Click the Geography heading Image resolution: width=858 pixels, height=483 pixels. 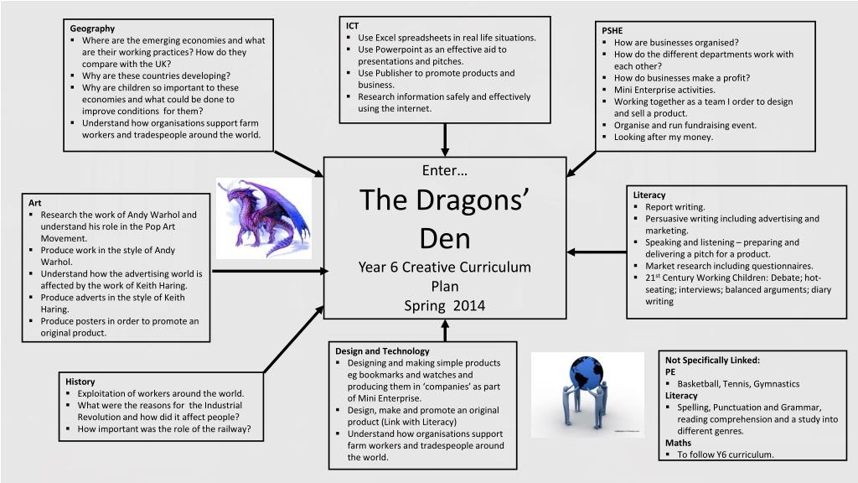92,29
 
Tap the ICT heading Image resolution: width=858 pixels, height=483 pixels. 353,26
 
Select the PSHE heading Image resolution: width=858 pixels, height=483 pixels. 612,31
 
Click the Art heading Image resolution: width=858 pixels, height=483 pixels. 35,203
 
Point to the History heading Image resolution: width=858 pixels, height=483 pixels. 80,382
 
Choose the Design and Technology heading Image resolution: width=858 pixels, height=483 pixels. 382,351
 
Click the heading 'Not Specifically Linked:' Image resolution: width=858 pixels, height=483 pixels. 712,361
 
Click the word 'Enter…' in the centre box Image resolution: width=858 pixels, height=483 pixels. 445,171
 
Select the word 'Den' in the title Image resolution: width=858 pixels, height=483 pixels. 445,240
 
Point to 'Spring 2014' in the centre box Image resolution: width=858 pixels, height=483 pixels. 445,305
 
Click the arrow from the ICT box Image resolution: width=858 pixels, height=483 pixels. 445,140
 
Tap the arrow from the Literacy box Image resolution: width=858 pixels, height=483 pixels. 597,252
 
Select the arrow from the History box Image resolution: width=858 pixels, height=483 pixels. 293,340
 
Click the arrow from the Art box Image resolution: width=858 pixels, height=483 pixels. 267,272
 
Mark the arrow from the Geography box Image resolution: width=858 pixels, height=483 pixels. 299,164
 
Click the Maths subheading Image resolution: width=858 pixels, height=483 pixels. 679,443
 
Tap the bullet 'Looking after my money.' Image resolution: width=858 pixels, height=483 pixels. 663,137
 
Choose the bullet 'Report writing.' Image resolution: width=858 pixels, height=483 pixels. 675,207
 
